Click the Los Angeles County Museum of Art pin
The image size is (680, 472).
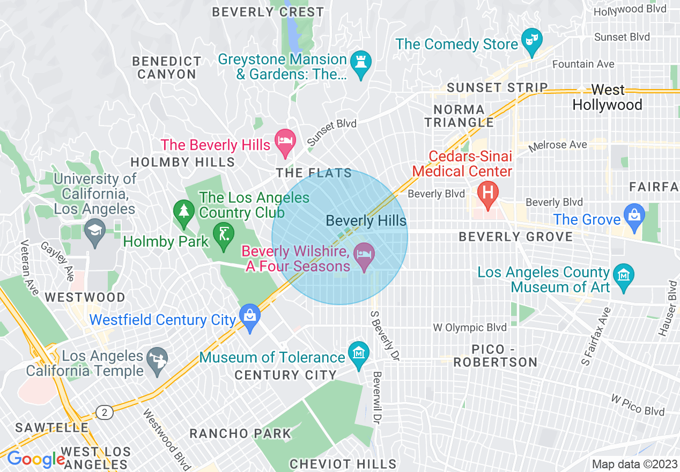[x=624, y=276]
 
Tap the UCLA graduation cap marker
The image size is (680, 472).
[x=95, y=231]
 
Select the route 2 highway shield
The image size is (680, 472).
[x=105, y=412]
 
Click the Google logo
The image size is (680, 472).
[x=35, y=459]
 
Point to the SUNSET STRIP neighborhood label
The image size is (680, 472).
[x=497, y=87]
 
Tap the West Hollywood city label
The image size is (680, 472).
[x=607, y=97]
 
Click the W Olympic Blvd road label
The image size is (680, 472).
[x=470, y=327]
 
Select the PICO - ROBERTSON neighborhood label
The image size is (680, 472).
[x=496, y=356]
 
